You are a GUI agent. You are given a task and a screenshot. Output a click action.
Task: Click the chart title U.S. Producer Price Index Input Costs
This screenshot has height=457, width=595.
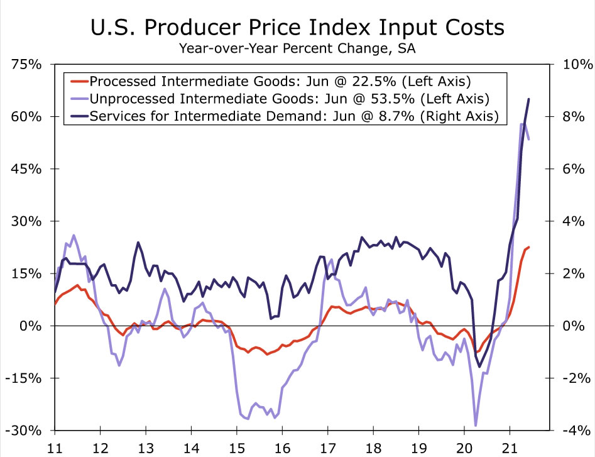(297, 27)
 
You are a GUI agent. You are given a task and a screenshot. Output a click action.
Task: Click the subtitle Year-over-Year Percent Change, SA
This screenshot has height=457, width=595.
(297, 48)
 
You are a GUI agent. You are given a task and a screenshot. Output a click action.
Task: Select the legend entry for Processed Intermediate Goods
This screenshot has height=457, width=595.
(280, 82)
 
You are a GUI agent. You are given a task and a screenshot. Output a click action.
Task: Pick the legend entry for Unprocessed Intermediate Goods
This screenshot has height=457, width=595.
(289, 99)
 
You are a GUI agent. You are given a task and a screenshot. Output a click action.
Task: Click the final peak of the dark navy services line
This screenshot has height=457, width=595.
(529, 99)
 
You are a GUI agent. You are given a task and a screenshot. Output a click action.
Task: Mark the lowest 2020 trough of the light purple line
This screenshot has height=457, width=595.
(476, 426)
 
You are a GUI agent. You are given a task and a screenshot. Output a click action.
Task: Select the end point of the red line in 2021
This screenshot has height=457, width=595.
(529, 247)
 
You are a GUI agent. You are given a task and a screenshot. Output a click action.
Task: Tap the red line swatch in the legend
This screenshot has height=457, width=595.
(79, 82)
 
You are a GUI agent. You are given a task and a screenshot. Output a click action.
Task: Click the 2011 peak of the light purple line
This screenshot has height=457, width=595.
(74, 235)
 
